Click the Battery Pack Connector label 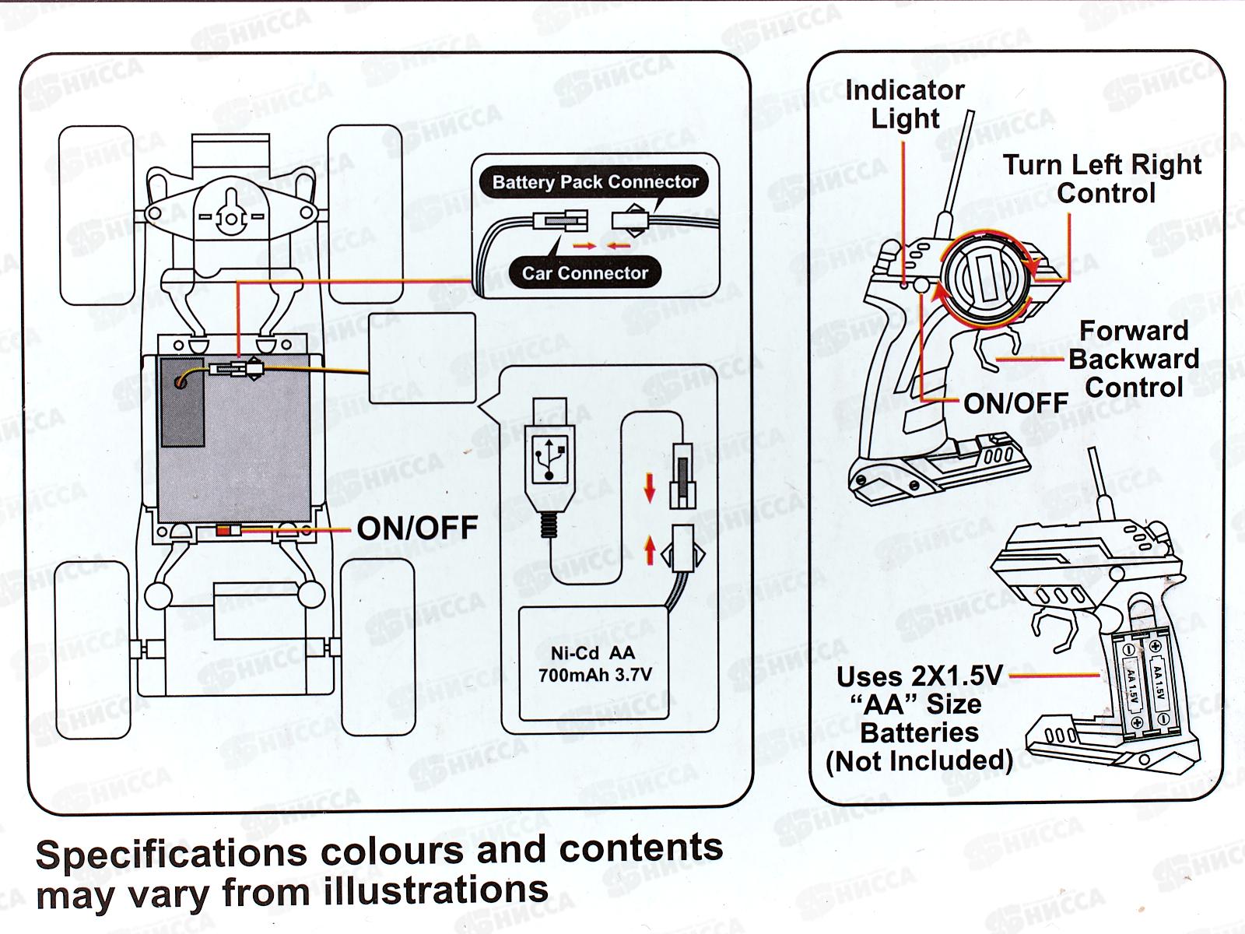tap(595, 182)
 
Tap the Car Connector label tap(584, 273)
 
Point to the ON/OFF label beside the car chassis tap(417, 528)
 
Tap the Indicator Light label tap(904, 104)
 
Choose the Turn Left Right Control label tap(1102, 179)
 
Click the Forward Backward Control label tap(1134, 359)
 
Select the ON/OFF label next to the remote tap(1015, 402)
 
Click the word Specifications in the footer tap(171, 855)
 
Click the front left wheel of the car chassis tap(96, 216)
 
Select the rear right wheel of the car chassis tap(377, 648)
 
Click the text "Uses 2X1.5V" tap(919, 676)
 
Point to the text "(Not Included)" tap(919, 760)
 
